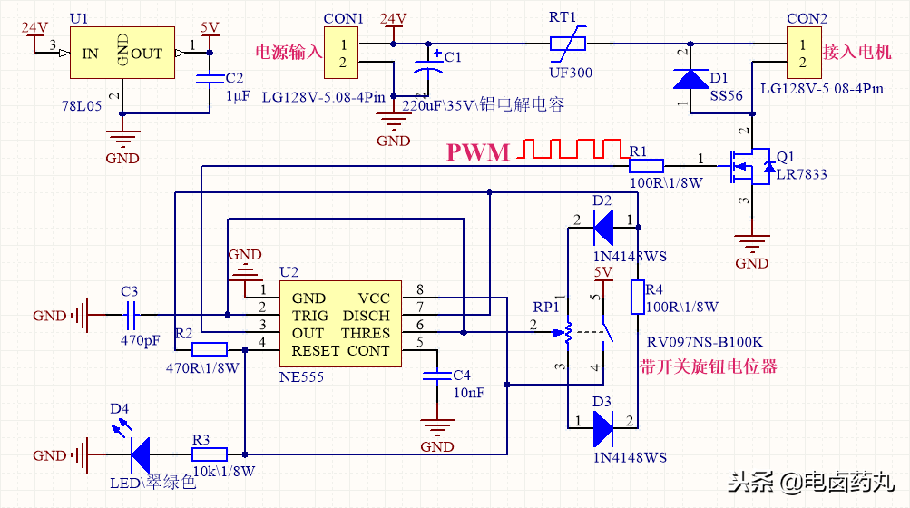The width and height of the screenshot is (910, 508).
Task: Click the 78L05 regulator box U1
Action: [122, 54]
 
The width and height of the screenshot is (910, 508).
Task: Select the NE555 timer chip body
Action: [340, 324]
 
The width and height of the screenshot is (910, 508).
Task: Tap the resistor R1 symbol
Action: [646, 165]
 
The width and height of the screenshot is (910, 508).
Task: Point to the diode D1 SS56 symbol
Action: [690, 79]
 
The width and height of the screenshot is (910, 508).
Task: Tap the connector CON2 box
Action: [801, 54]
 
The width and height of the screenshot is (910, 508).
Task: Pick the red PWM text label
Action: [478, 152]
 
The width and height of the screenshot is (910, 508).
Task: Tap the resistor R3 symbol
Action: [210, 452]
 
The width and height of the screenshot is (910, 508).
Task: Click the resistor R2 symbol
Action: [210, 349]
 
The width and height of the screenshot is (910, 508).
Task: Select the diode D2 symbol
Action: [602, 221]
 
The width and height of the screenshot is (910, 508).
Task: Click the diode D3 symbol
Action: [602, 428]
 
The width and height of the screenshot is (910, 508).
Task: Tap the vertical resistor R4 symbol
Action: [638, 298]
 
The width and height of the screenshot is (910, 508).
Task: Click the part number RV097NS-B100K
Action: [706, 342]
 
